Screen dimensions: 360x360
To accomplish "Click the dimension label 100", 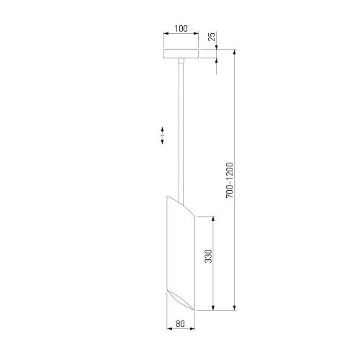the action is pyautogui.click(x=181, y=29).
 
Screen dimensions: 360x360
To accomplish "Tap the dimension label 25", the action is pyautogui.click(x=212, y=37).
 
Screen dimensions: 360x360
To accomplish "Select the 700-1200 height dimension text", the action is pyautogui.click(x=230, y=180).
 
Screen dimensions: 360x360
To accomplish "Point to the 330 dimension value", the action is pyautogui.click(x=209, y=256).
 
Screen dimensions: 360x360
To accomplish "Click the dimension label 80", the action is pyautogui.click(x=180, y=324).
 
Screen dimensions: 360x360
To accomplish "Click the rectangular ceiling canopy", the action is pyautogui.click(x=181, y=53).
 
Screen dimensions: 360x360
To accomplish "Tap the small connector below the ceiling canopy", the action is pyautogui.click(x=181, y=60).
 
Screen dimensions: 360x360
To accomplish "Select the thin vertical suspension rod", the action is pyautogui.click(x=181, y=132).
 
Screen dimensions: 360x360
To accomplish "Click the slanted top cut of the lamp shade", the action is pyautogui.click(x=181, y=206).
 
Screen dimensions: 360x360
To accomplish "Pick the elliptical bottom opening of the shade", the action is pyautogui.click(x=181, y=300).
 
